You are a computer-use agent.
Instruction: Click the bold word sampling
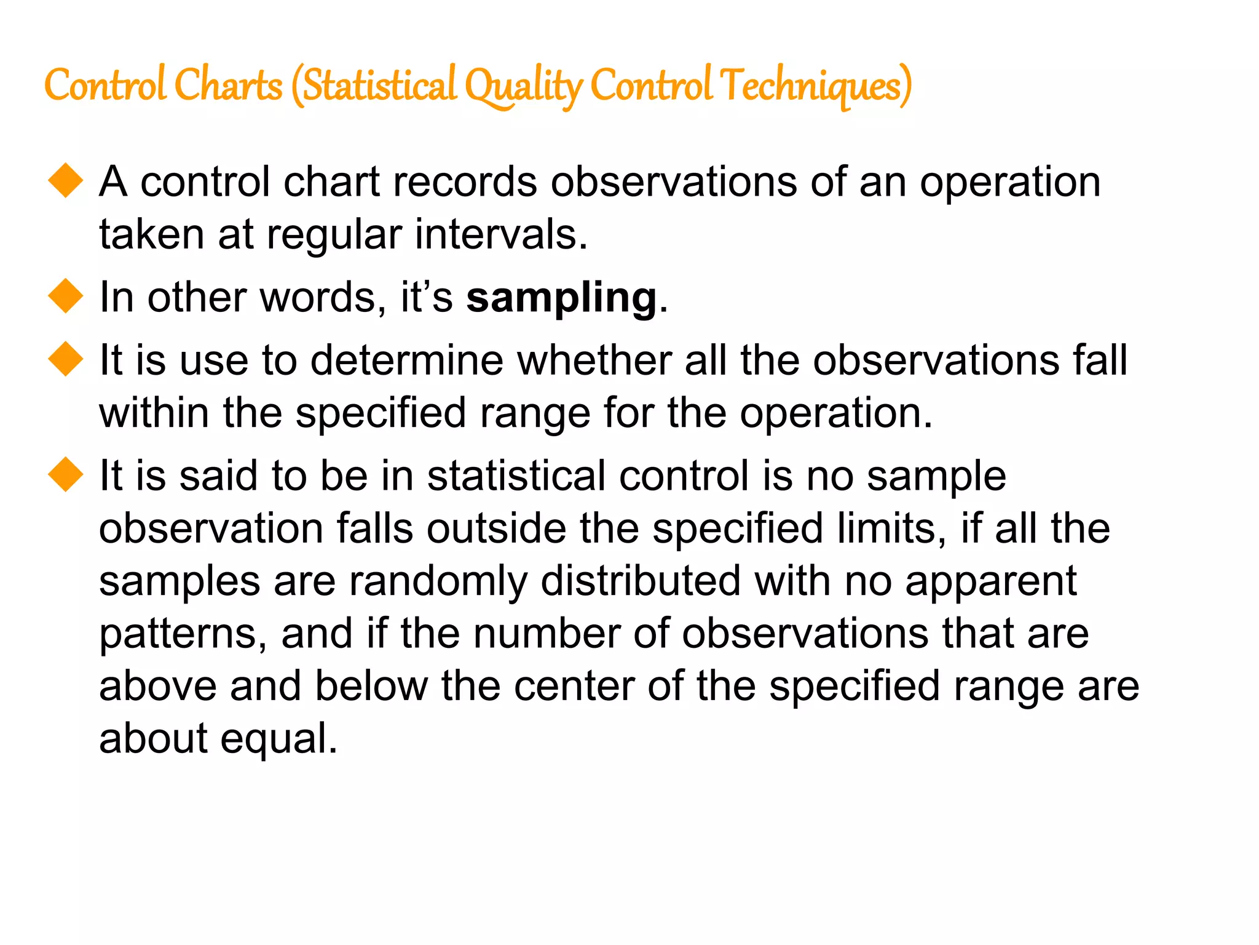(561, 298)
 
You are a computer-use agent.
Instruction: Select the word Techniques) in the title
(816, 86)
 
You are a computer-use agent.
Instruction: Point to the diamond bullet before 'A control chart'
(66, 181)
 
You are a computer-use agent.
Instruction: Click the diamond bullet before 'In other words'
(66, 296)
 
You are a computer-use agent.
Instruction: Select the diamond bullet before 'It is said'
(66, 474)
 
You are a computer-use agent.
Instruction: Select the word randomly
(438, 582)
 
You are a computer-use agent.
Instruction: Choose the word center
(574, 687)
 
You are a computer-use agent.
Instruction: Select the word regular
(334, 236)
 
